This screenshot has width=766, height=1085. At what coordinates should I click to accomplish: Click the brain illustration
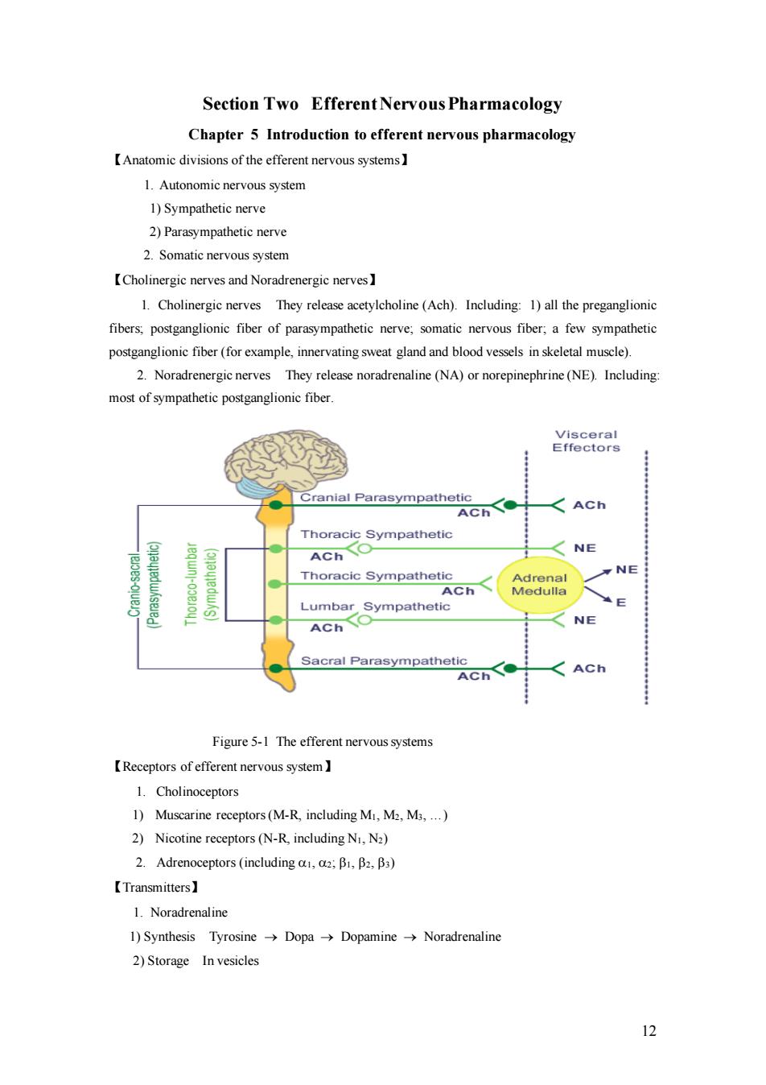tap(286, 463)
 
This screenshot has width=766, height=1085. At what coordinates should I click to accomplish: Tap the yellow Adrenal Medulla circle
tap(540, 585)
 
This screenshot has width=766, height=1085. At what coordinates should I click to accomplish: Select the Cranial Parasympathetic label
tap(385, 498)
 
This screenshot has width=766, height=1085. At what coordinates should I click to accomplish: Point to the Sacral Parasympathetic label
tap(384, 661)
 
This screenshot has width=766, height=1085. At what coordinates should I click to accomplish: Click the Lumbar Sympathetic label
tap(375, 607)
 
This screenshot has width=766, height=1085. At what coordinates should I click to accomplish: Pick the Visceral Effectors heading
tap(586, 441)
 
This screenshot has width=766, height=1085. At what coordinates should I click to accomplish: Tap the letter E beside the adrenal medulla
tap(621, 603)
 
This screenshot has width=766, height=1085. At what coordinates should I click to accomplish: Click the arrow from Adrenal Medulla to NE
tap(598, 575)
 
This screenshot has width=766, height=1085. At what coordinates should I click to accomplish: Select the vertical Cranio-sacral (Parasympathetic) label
tap(144, 585)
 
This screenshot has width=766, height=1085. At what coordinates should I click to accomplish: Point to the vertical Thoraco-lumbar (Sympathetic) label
tap(201, 584)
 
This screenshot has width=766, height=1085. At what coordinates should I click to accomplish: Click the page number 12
tap(649, 1031)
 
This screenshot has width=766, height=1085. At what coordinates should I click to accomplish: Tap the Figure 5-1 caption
tap(323, 742)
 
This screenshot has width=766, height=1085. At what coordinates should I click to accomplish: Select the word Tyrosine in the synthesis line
tap(233, 936)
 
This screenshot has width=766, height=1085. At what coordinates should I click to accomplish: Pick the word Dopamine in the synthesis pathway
tap(369, 936)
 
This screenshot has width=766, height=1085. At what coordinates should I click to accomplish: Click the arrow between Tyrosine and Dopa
tap(270, 938)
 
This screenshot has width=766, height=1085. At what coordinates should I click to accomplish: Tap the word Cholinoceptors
tap(197, 792)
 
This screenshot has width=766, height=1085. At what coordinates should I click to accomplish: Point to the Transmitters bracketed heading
tap(154, 888)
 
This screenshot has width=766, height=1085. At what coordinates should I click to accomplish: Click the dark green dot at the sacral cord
tap(275, 669)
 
